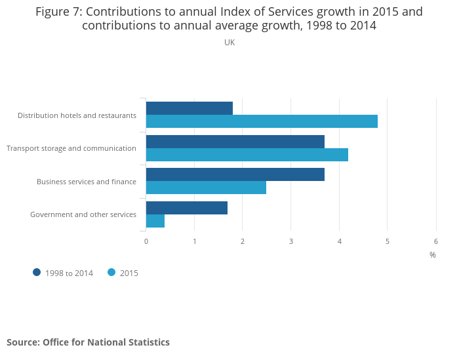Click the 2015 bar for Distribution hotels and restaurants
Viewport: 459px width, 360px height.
click(262, 121)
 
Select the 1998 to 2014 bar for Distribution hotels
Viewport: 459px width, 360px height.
click(190, 108)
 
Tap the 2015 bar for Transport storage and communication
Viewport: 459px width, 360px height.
click(247, 155)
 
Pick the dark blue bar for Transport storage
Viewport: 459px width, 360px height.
click(235, 142)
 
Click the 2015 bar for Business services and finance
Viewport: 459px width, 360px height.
click(206, 188)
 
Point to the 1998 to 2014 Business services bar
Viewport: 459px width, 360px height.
click(235, 174)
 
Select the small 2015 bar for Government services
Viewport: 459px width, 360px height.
click(155, 221)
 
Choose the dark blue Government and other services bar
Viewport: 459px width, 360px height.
click(187, 208)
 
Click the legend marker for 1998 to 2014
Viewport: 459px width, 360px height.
click(37, 272)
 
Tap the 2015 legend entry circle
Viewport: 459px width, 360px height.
click(111, 272)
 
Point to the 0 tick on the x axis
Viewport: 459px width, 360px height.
click(146, 241)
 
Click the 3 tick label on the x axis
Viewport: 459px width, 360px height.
click(291, 241)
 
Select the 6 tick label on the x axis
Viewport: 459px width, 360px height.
click(436, 241)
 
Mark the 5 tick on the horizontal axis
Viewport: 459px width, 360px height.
click(388, 241)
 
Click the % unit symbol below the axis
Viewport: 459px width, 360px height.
click(433, 254)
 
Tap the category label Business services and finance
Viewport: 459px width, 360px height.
click(87, 182)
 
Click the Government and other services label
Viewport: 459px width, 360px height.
click(83, 214)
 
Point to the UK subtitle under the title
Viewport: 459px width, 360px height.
click(229, 43)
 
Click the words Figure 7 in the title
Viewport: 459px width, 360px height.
click(58, 12)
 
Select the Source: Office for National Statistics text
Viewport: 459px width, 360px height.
click(88, 342)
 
